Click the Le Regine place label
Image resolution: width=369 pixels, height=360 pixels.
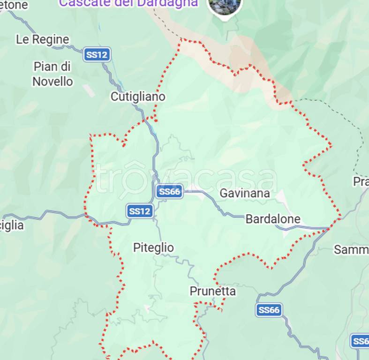42,39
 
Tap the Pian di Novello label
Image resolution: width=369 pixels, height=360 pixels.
53,74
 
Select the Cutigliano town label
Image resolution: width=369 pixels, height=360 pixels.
138,97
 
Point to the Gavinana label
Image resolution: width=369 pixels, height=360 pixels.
245,193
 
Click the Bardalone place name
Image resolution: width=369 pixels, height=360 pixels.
273,219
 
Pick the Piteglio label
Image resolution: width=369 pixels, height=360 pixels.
153,247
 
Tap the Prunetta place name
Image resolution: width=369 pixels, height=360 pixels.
212,291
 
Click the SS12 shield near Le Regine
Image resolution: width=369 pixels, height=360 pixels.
97,55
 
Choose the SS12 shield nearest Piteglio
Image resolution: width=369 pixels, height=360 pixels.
140,211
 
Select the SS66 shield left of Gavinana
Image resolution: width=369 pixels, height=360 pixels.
169,191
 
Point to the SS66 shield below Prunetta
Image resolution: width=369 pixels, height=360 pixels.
269,310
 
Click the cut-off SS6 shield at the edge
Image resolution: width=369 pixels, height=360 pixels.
360,341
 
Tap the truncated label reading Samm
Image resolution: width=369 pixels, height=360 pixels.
351,250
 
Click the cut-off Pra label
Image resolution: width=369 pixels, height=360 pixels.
361,181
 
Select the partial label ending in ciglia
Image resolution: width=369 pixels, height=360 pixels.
12,225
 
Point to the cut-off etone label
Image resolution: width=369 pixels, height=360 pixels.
14,5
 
